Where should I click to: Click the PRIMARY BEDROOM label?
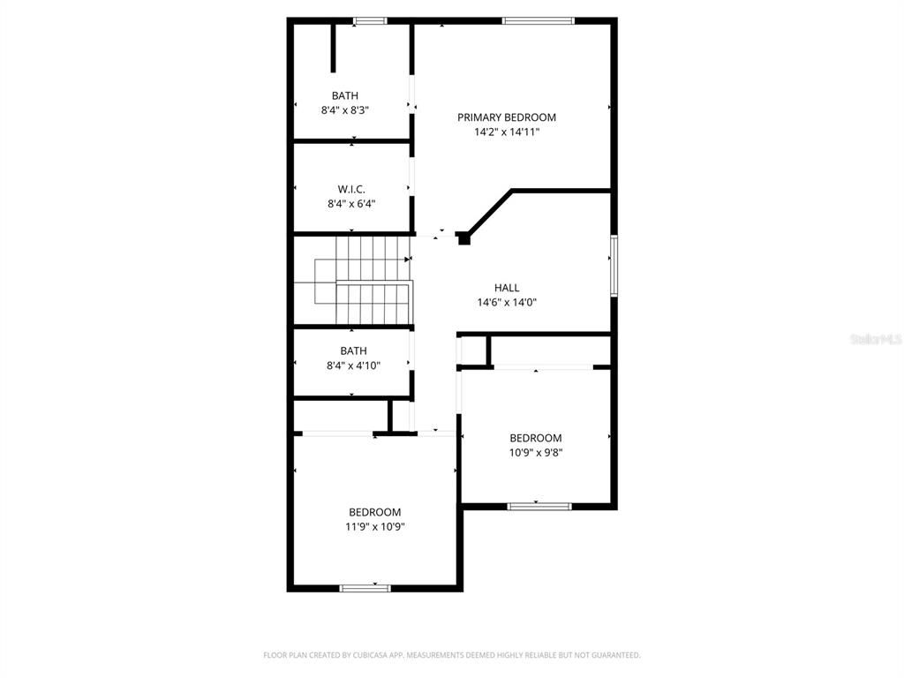pos(506,117)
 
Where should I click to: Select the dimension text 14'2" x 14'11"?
pos(506,132)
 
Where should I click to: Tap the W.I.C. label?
pos(350,189)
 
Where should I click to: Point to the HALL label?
pos(507,288)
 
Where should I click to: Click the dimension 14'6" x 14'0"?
pos(507,302)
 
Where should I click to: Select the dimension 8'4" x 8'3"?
pos(344,110)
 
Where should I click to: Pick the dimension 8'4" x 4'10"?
pos(353,365)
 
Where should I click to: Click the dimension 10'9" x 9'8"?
pos(535,453)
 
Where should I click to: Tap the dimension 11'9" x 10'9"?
pos(374,527)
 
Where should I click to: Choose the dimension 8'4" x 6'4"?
pos(350,203)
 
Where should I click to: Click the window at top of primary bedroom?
pos(538,20)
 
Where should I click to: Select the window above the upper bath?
pos(369,20)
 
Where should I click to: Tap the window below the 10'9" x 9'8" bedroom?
pos(539,506)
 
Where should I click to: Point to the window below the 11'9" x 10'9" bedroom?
pos(365,587)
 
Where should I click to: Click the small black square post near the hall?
pos(463,237)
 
